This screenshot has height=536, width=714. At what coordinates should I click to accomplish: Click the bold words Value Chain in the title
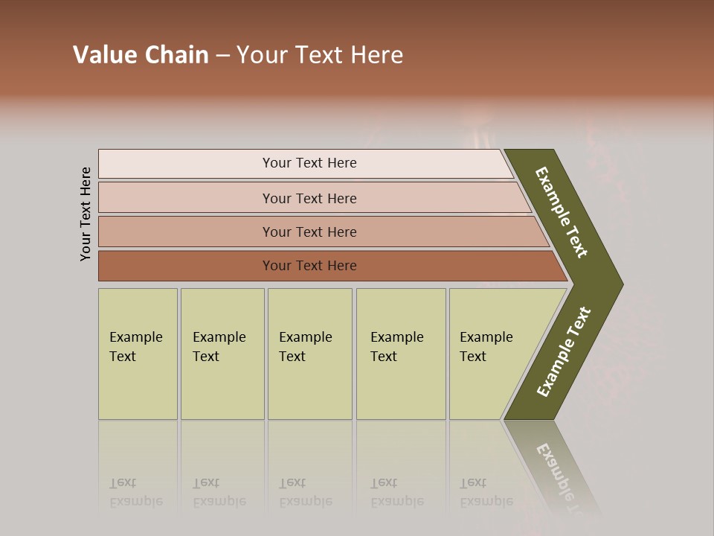coord(141,55)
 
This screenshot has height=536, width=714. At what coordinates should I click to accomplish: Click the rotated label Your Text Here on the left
coord(86,214)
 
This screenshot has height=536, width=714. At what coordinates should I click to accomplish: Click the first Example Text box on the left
coord(138,354)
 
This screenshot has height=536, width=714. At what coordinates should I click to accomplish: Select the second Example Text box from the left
coord(222,354)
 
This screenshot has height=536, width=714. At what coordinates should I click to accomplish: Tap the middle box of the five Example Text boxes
coord(309,354)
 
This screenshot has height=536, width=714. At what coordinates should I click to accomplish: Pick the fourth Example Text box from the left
coord(400,354)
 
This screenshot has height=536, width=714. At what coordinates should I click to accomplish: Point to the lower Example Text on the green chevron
coord(564,351)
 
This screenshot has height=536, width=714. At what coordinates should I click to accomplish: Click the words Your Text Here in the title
coord(320,55)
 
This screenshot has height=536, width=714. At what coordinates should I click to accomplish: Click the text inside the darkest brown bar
coord(309,266)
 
